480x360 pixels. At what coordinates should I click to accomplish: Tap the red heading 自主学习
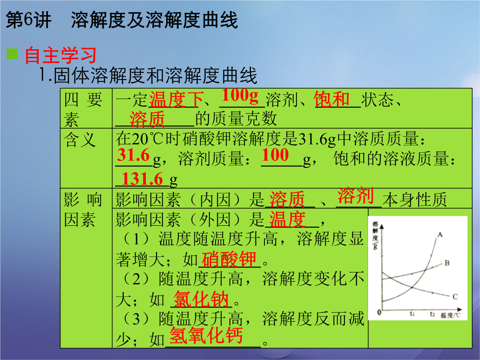tap(60, 55)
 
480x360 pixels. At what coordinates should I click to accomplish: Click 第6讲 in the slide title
tap(28, 20)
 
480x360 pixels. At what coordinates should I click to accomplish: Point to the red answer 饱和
tap(332, 99)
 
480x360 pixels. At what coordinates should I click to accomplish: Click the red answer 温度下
tap(176, 100)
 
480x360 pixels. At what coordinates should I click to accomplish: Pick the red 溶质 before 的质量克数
tap(147, 119)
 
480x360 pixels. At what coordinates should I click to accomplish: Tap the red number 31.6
tap(133, 155)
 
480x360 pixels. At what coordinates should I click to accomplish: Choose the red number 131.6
tap(142, 179)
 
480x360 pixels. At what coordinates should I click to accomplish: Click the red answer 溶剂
tap(356, 196)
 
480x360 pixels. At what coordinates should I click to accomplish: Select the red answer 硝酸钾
tap(229, 259)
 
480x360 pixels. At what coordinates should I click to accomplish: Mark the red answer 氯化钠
tap(201, 299)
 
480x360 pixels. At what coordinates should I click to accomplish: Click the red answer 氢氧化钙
tap(206, 335)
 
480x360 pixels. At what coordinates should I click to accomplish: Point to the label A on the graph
tap(440, 235)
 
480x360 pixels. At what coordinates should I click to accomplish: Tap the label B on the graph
tap(447, 263)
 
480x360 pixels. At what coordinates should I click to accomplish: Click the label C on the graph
tap(455, 296)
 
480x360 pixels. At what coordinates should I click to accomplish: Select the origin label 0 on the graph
tap(379, 312)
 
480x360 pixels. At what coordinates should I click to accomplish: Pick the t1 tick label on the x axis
tap(412, 314)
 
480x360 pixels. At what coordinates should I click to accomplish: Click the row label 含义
tap(80, 140)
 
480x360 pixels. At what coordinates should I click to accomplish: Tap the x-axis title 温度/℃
tap(450, 315)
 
